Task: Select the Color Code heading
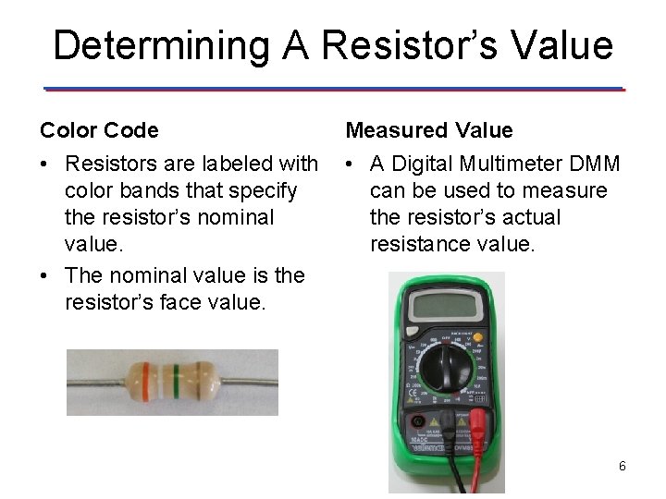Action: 99,130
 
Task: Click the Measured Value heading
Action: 429,130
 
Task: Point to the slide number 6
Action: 623,466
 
